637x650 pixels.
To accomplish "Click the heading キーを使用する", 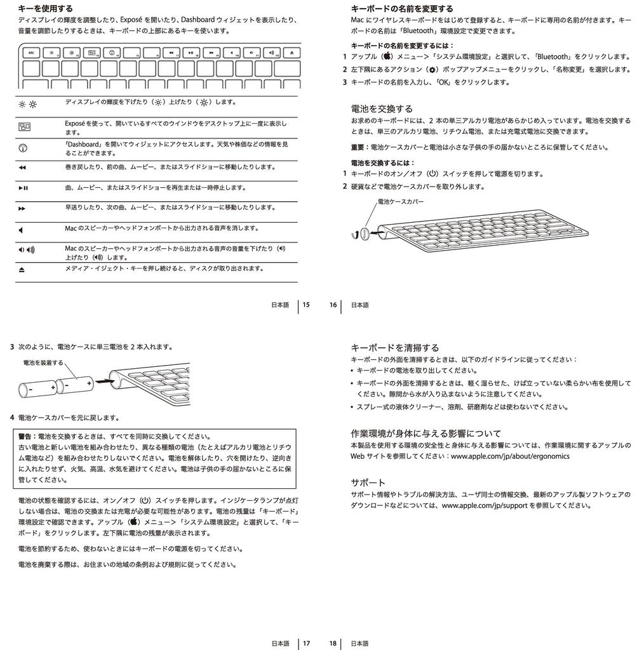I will coord(46,9).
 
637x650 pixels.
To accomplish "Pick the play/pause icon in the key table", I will coord(23,188).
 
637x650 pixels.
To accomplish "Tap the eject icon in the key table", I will coord(22,269).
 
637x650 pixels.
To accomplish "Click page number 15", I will coord(306,305).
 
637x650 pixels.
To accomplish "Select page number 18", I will coord(333,643).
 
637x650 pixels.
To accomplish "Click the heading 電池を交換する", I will coord(382,109).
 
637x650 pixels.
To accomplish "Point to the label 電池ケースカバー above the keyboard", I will coord(400,201).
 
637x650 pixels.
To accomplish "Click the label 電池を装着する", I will coord(43,362).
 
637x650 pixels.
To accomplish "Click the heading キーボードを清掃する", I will coord(395,347).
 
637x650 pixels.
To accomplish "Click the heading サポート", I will coord(368,482).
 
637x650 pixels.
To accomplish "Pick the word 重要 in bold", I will coord(359,147).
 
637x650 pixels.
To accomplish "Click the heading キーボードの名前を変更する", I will coord(402,9).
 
